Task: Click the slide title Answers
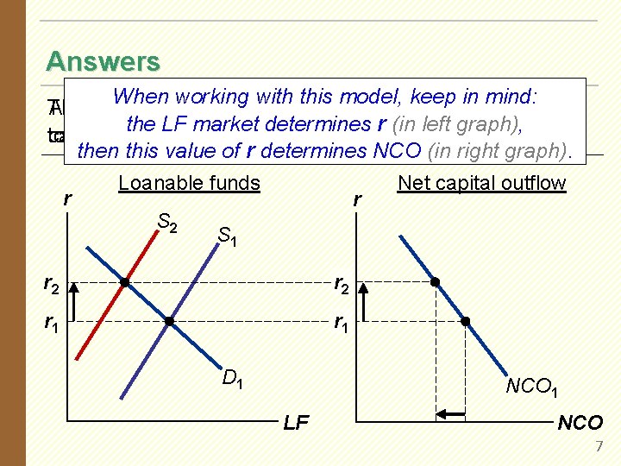tap(103, 62)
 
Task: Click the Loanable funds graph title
tap(189, 183)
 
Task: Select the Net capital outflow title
tap(481, 183)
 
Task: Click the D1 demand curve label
tap(232, 377)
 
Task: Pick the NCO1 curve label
tap(533, 387)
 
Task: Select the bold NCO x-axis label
tap(580, 423)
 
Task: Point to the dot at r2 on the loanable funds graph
tap(125, 282)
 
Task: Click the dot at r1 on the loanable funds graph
tap(169, 322)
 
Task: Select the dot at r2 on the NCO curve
tap(436, 282)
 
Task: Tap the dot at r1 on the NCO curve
tap(465, 322)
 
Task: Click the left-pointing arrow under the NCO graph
tap(449, 416)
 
